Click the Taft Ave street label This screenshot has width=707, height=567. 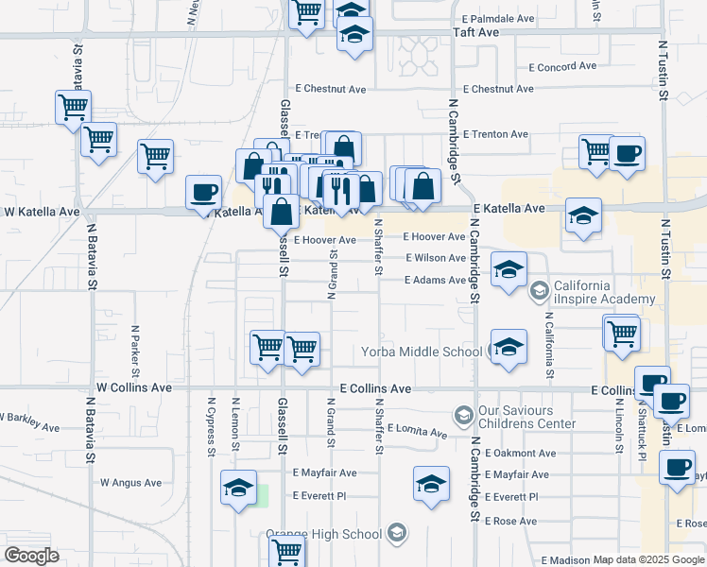pyautogui.click(x=475, y=31)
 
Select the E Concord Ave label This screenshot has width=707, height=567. pyautogui.click(x=562, y=66)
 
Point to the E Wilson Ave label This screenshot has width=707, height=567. pyautogui.click(x=436, y=258)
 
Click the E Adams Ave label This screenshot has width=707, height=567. pyautogui.click(x=435, y=280)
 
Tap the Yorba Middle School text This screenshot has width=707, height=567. pyautogui.click(x=422, y=352)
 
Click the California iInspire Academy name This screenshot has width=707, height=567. pyautogui.click(x=604, y=293)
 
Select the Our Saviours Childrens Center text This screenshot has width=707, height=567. pyautogui.click(x=527, y=417)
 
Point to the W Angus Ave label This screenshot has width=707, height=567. pyautogui.click(x=131, y=483)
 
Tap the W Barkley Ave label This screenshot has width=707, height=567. pyautogui.click(x=33, y=418)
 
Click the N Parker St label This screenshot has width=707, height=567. pyautogui.click(x=135, y=347)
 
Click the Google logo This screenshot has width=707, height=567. pyautogui.click(x=31, y=556)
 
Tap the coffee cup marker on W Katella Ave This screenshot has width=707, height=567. pyautogui.click(x=203, y=193)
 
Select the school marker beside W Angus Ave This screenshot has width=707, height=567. pyautogui.click(x=238, y=488)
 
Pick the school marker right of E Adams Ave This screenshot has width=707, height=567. pyautogui.click(x=509, y=271)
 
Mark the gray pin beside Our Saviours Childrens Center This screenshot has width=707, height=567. pyautogui.click(x=463, y=416)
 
